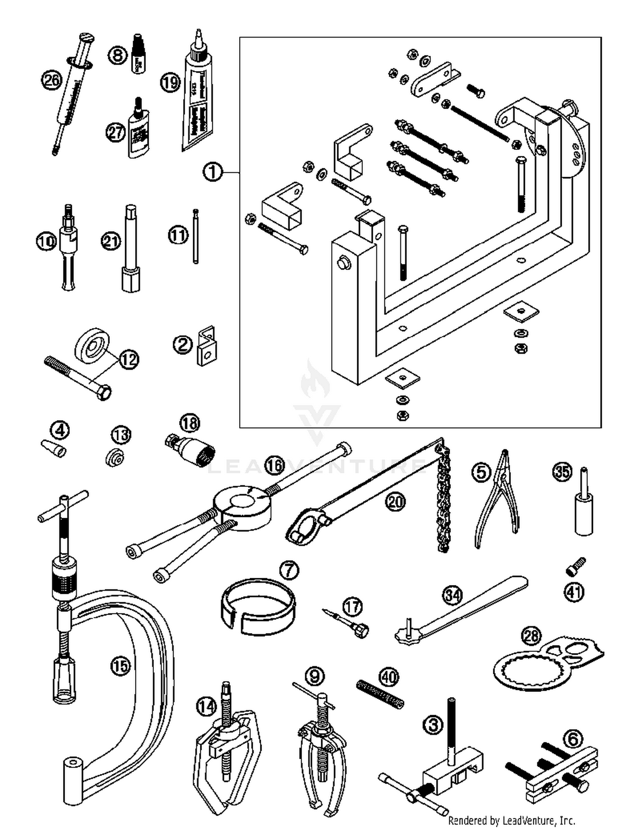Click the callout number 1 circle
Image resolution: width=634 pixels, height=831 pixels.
(x=213, y=172)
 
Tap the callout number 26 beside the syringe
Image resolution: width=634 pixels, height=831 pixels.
(x=52, y=80)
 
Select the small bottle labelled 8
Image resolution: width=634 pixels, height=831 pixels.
(x=138, y=54)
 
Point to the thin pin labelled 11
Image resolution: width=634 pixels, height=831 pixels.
(x=195, y=237)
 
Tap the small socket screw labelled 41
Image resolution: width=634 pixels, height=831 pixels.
(x=576, y=566)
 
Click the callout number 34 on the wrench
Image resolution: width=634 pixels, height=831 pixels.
(x=452, y=595)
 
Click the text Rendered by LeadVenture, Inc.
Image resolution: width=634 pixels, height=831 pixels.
(x=511, y=820)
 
